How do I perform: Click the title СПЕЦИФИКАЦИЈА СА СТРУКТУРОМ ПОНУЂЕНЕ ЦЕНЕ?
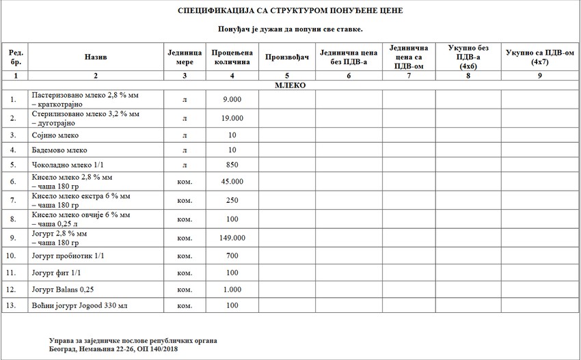click(x=290, y=12)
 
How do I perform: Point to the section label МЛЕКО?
click(x=290, y=85)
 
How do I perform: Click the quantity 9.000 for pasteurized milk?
click(x=232, y=100)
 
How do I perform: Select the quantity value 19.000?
click(x=232, y=118)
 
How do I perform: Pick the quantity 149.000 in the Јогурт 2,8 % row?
click(x=232, y=238)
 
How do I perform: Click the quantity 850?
click(x=232, y=165)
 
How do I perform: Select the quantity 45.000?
click(x=232, y=182)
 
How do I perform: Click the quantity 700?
click(x=232, y=256)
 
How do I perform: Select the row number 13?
click(x=12, y=305)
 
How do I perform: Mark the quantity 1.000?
click(x=232, y=289)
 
